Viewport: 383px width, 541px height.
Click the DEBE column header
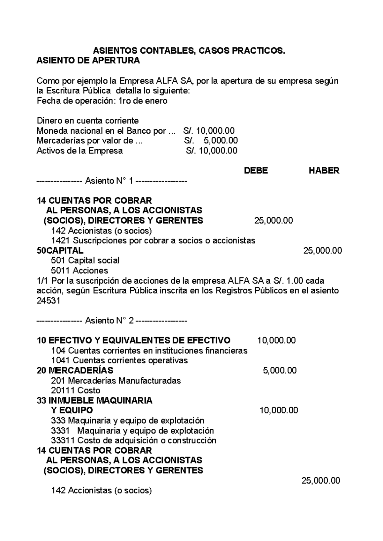pos(256,171)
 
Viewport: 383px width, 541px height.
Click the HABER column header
pos(324,171)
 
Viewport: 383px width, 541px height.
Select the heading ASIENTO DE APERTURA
pos(88,61)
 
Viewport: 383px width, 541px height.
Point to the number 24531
pos(49,301)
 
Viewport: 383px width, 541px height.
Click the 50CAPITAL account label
pos(60,250)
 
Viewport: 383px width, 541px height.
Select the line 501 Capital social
pos(85,260)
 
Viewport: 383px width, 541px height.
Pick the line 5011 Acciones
pos(79,270)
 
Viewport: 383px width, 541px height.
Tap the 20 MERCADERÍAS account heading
pos(75,370)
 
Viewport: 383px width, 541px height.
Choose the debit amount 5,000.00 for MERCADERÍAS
pos(280,370)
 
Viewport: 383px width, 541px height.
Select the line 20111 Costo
pos(76,390)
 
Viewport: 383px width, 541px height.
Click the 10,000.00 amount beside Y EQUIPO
pos(279,410)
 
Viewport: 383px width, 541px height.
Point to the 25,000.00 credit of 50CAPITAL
pos(322,250)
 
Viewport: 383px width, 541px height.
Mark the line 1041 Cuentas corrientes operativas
pos(119,360)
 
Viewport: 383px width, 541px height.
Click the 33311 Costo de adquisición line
pos(133,441)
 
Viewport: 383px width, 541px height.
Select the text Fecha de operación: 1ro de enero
pos(102,101)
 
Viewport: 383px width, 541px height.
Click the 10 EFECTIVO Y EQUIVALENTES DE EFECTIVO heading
pos(133,340)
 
